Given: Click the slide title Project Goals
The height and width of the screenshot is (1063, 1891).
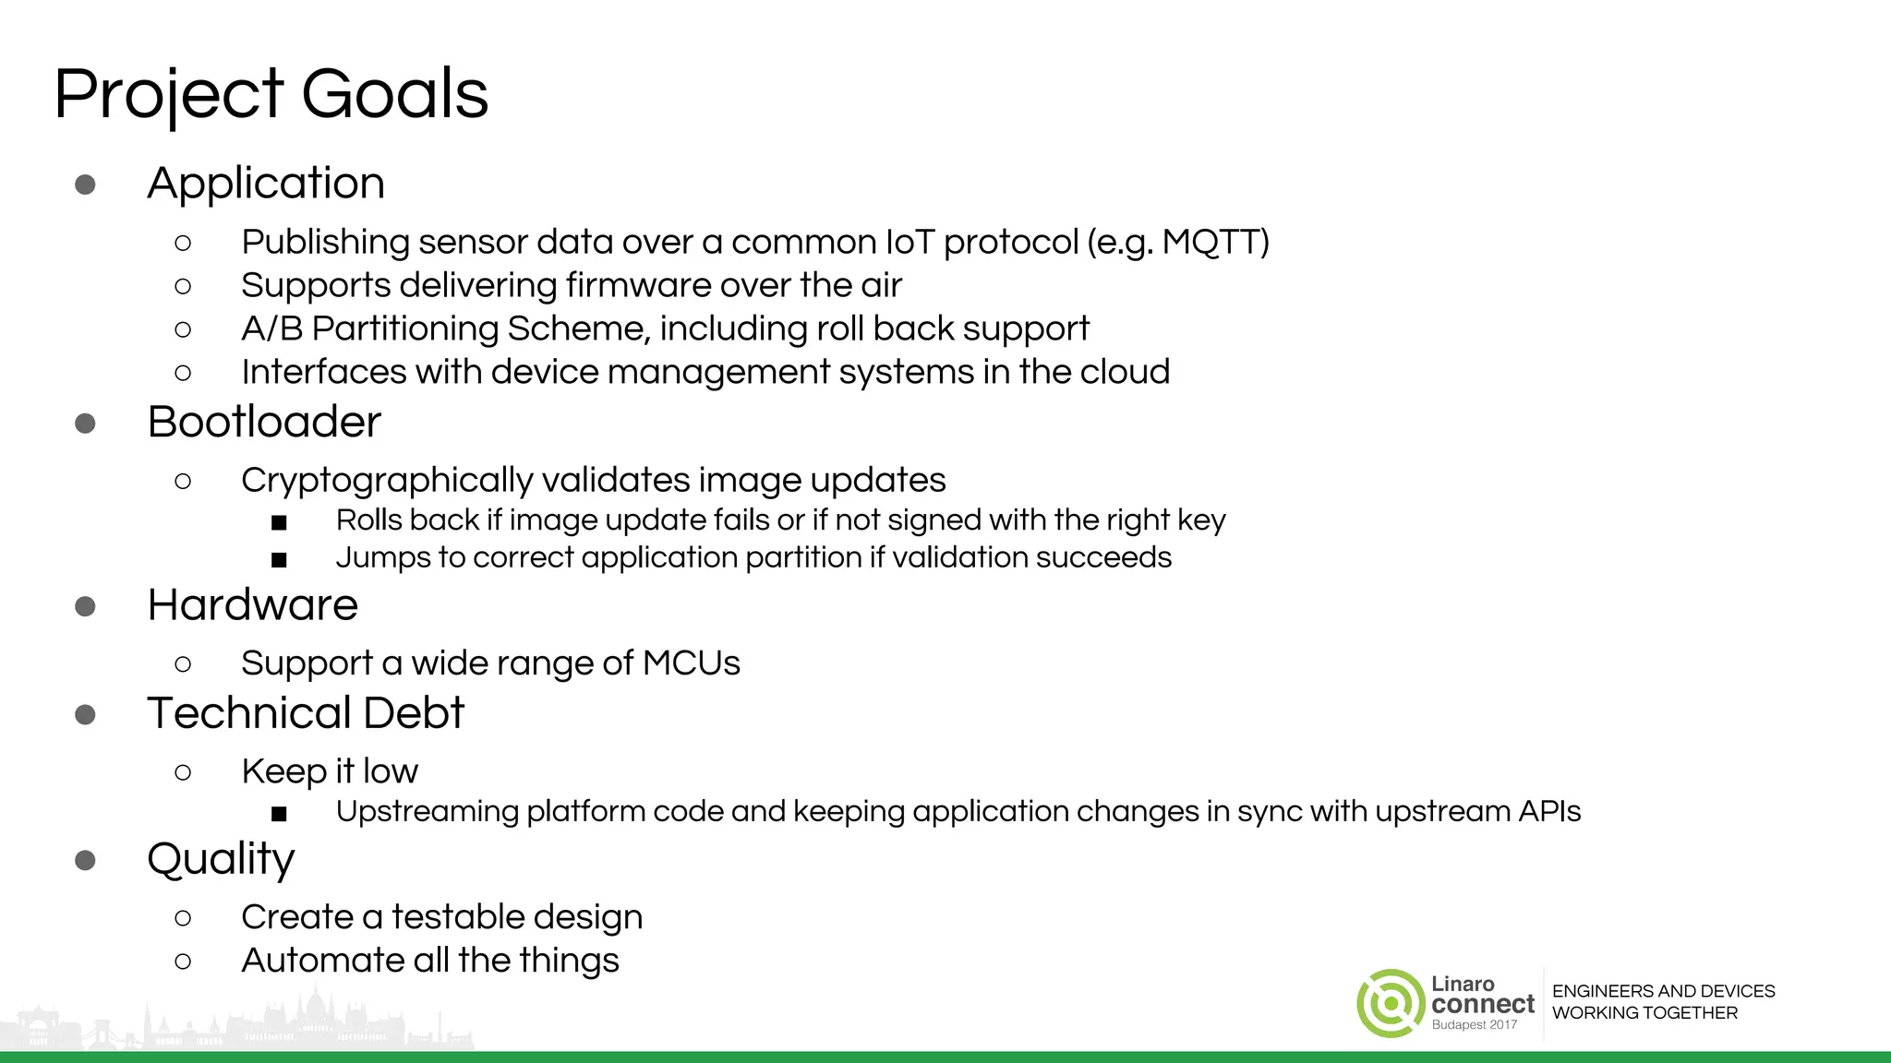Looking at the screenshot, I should coord(271,94).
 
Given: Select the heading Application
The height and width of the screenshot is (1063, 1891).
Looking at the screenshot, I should coord(266,183).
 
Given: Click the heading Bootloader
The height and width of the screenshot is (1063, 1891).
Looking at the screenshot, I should coord(264,422).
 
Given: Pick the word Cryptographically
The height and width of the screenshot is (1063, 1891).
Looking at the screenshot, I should coord(387,481).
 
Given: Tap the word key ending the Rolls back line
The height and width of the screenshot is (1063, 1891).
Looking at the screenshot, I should coord(1200,520).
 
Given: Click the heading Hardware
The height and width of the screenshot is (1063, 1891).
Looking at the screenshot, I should coord(252,605).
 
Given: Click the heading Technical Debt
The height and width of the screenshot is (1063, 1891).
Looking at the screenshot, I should coord(306,713).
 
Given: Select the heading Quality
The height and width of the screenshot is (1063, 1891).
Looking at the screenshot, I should coord(221,860).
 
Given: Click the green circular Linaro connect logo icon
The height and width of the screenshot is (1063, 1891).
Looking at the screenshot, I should coord(1391,1003).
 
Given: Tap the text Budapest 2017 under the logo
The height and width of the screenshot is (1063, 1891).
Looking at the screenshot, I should coord(1474,1025).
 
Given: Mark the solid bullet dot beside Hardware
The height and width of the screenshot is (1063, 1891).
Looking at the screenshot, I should coord(85,606).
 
